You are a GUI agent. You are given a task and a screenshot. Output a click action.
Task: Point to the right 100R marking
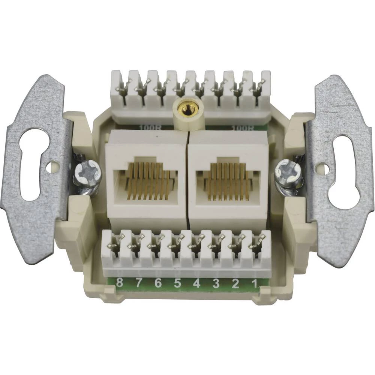click(240, 127)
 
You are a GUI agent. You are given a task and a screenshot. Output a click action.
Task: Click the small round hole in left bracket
click(53, 166)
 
